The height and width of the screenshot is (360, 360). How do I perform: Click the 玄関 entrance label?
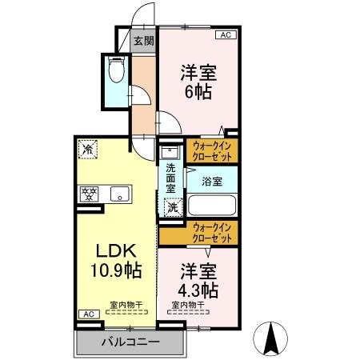tap(144, 41)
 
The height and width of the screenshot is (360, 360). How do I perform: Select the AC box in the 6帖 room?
tap(226, 36)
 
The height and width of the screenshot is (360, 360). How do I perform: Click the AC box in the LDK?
tap(85, 314)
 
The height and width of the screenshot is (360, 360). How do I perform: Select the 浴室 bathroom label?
tap(212, 181)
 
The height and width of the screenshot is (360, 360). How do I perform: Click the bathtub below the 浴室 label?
tap(211, 206)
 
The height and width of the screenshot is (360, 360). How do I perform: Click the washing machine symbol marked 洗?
tap(171, 208)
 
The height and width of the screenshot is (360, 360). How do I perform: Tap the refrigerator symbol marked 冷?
tap(86, 150)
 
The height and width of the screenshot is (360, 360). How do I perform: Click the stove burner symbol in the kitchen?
tap(87, 193)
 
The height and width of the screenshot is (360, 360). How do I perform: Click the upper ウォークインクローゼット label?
tap(212, 151)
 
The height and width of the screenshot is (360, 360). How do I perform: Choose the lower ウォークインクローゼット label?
tap(212, 234)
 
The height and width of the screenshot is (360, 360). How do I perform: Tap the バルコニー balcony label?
tap(130, 342)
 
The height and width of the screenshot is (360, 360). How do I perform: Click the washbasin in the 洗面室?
tap(170, 151)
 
